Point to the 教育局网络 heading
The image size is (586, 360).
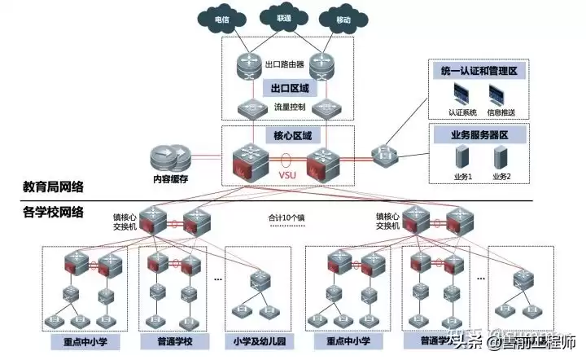click(x=52, y=187)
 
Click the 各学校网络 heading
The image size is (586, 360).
click(x=52, y=213)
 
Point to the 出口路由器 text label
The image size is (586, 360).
click(x=286, y=63)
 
